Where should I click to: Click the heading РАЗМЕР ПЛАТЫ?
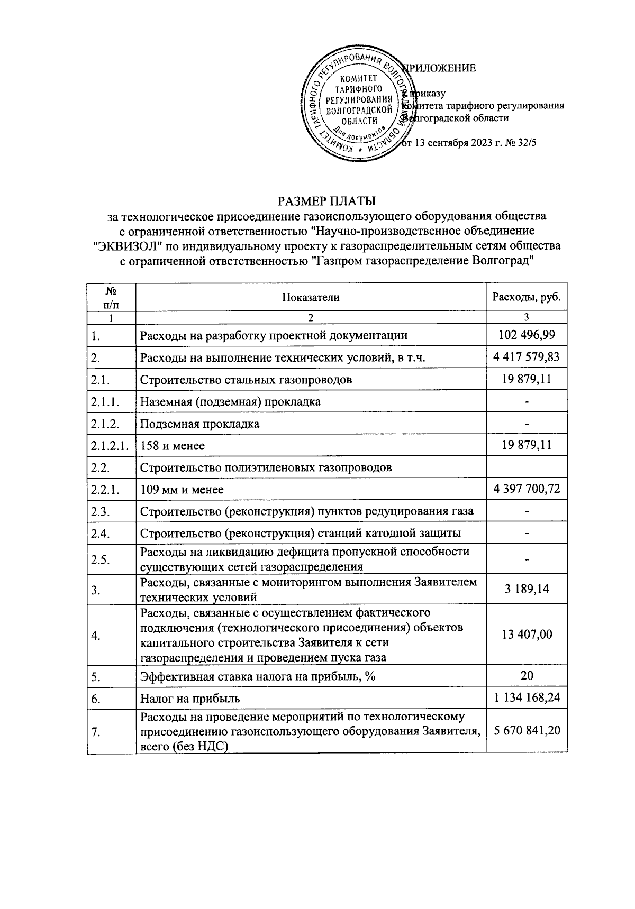pos(326,201)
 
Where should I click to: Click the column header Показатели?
pos(311,297)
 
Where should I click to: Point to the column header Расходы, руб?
pos(526,297)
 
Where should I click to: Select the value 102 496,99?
pos(526,335)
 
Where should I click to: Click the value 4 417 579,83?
pos(526,357)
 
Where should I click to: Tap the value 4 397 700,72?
pos(526,490)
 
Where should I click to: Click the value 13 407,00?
pos(526,635)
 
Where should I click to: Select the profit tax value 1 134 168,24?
pos(526,698)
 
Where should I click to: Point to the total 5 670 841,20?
pos(526,732)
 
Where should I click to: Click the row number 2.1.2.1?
pos(110,446)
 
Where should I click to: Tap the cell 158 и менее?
pos(173,446)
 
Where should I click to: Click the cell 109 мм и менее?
pos(182,490)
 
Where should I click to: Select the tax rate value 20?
pos(526,676)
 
